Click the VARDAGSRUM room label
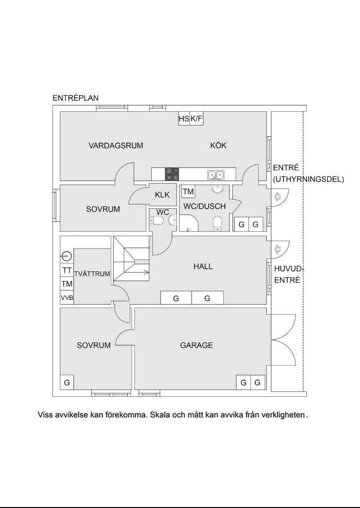[116, 145]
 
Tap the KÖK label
[218, 145]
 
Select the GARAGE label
[196, 345]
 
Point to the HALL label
[203, 266]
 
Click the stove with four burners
[172, 174]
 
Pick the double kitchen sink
[216, 174]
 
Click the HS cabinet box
[184, 118]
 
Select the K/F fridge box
[196, 118]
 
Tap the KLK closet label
[162, 195]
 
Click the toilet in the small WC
[156, 221]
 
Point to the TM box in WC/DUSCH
[188, 192]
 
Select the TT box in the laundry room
[67, 271]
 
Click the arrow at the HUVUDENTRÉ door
[277, 249]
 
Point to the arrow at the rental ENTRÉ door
[277, 197]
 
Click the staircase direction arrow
[144, 273]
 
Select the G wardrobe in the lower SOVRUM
[67, 382]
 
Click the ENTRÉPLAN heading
[75, 98]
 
